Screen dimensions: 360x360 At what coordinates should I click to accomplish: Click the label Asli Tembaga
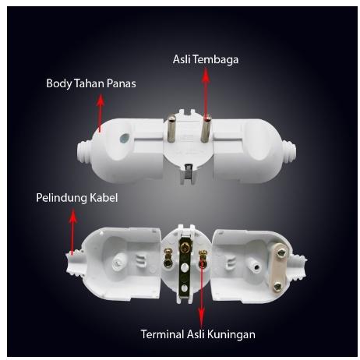[206, 59]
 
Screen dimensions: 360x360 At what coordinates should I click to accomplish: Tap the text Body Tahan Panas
[91, 83]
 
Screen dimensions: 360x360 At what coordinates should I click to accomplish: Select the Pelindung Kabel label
[77, 198]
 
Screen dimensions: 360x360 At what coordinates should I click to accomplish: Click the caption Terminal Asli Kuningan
[198, 334]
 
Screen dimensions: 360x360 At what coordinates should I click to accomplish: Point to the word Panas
[122, 83]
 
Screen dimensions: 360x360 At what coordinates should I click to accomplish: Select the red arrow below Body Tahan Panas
[101, 113]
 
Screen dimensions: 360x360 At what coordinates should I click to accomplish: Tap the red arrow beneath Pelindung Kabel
[72, 231]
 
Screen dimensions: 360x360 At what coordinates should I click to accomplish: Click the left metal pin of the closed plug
[171, 129]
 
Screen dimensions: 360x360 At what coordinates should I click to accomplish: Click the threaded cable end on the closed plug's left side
[85, 152]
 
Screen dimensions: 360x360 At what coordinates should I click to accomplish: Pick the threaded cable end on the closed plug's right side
[289, 153]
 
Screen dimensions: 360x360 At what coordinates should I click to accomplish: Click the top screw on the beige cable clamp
[281, 252]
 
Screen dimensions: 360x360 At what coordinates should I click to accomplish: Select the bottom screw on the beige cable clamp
[277, 286]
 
